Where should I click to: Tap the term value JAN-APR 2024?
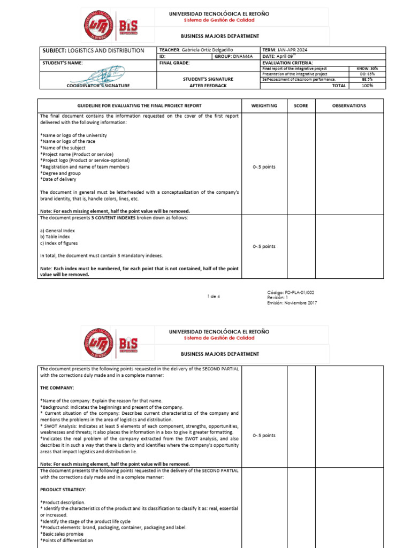[292, 50]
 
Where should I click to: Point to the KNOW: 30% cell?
[367, 68]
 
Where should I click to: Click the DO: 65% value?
[367, 74]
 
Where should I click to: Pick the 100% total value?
[367, 85]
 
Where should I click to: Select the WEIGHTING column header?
[264, 106]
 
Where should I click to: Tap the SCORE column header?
[301, 106]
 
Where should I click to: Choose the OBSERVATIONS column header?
[349, 106]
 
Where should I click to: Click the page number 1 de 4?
[213, 296]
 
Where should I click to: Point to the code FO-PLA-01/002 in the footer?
[292, 292]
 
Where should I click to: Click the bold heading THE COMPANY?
[57, 387]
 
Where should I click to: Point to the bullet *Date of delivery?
[59, 179]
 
